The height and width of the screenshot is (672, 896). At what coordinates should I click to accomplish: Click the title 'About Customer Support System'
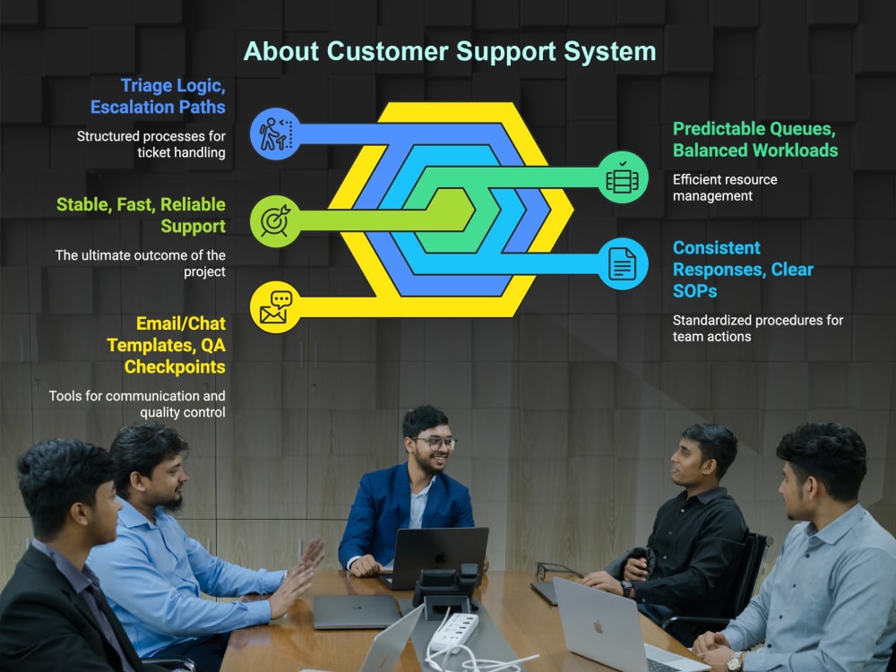[450, 51]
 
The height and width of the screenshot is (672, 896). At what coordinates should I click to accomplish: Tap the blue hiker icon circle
[275, 134]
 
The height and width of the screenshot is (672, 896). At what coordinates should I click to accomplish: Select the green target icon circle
[275, 221]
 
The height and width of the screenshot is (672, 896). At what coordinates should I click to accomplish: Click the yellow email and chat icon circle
[275, 306]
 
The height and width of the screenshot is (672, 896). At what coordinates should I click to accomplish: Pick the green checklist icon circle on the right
[623, 177]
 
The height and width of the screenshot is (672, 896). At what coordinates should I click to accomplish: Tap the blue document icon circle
[623, 263]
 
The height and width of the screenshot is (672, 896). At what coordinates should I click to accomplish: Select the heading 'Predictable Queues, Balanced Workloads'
[754, 140]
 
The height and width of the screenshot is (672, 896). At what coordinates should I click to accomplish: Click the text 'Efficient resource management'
[725, 187]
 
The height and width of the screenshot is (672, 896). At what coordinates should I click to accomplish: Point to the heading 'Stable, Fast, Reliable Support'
[142, 215]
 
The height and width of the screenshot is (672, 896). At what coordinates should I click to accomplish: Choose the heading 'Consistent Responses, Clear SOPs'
[743, 269]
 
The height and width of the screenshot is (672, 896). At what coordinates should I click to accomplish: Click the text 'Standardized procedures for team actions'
[758, 328]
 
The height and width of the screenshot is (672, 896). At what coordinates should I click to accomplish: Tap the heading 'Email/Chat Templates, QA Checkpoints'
[167, 345]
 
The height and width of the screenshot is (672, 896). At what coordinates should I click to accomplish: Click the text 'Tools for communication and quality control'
[137, 404]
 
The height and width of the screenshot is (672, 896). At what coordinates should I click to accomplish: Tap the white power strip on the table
[455, 631]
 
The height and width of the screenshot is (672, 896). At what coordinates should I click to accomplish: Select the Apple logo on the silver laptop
[599, 627]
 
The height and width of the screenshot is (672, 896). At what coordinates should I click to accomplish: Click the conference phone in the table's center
[446, 590]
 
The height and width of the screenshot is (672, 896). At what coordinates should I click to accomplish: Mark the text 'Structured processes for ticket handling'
[151, 144]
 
